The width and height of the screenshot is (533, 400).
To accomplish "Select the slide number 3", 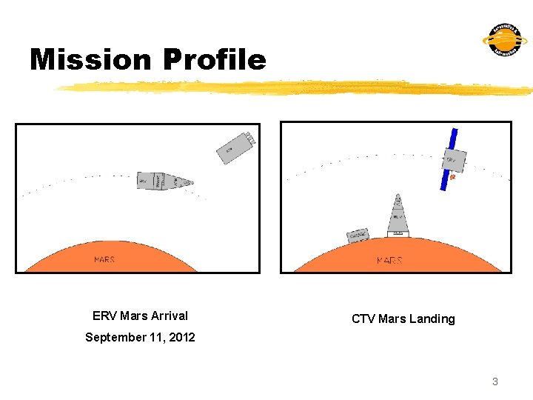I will (495, 381).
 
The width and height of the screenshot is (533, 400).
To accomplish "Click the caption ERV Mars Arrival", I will (140, 316).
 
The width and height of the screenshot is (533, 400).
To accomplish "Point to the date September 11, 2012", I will (140, 337).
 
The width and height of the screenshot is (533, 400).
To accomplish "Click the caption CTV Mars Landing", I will (403, 319).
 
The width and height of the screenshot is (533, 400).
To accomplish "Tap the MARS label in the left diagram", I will (104, 260).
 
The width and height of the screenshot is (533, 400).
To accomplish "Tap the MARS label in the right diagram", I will (389, 260).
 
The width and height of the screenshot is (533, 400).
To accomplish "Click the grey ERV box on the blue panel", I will (453, 160).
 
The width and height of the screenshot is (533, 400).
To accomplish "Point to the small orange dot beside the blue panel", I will (452, 177).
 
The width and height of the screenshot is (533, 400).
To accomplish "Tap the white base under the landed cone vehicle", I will (398, 234).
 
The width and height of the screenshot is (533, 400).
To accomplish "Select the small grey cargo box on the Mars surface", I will (358, 235).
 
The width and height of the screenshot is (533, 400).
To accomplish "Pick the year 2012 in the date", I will (181, 337).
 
